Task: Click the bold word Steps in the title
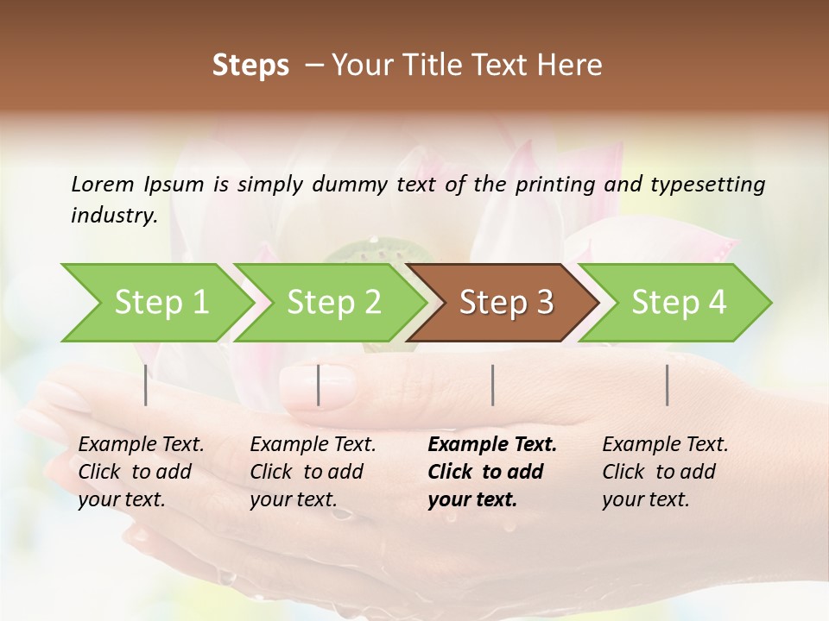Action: pyautogui.click(x=250, y=66)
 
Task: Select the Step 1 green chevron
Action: pyautogui.click(x=155, y=303)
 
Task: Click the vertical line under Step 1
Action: pyautogui.click(x=145, y=385)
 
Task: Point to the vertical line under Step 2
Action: pyautogui.click(x=319, y=385)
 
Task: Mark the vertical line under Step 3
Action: pyautogui.click(x=492, y=385)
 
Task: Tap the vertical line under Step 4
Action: pyautogui.click(x=667, y=385)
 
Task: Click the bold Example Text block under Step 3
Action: pyautogui.click(x=492, y=472)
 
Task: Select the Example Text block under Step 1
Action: pyautogui.click(x=141, y=472)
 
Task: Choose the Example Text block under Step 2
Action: pyautogui.click(x=313, y=472)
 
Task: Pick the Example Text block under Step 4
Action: pyautogui.click(x=665, y=472)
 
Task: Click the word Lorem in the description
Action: pyautogui.click(x=103, y=185)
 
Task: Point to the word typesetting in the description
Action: pyautogui.click(x=706, y=185)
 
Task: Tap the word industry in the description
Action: pyautogui.click(x=113, y=216)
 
